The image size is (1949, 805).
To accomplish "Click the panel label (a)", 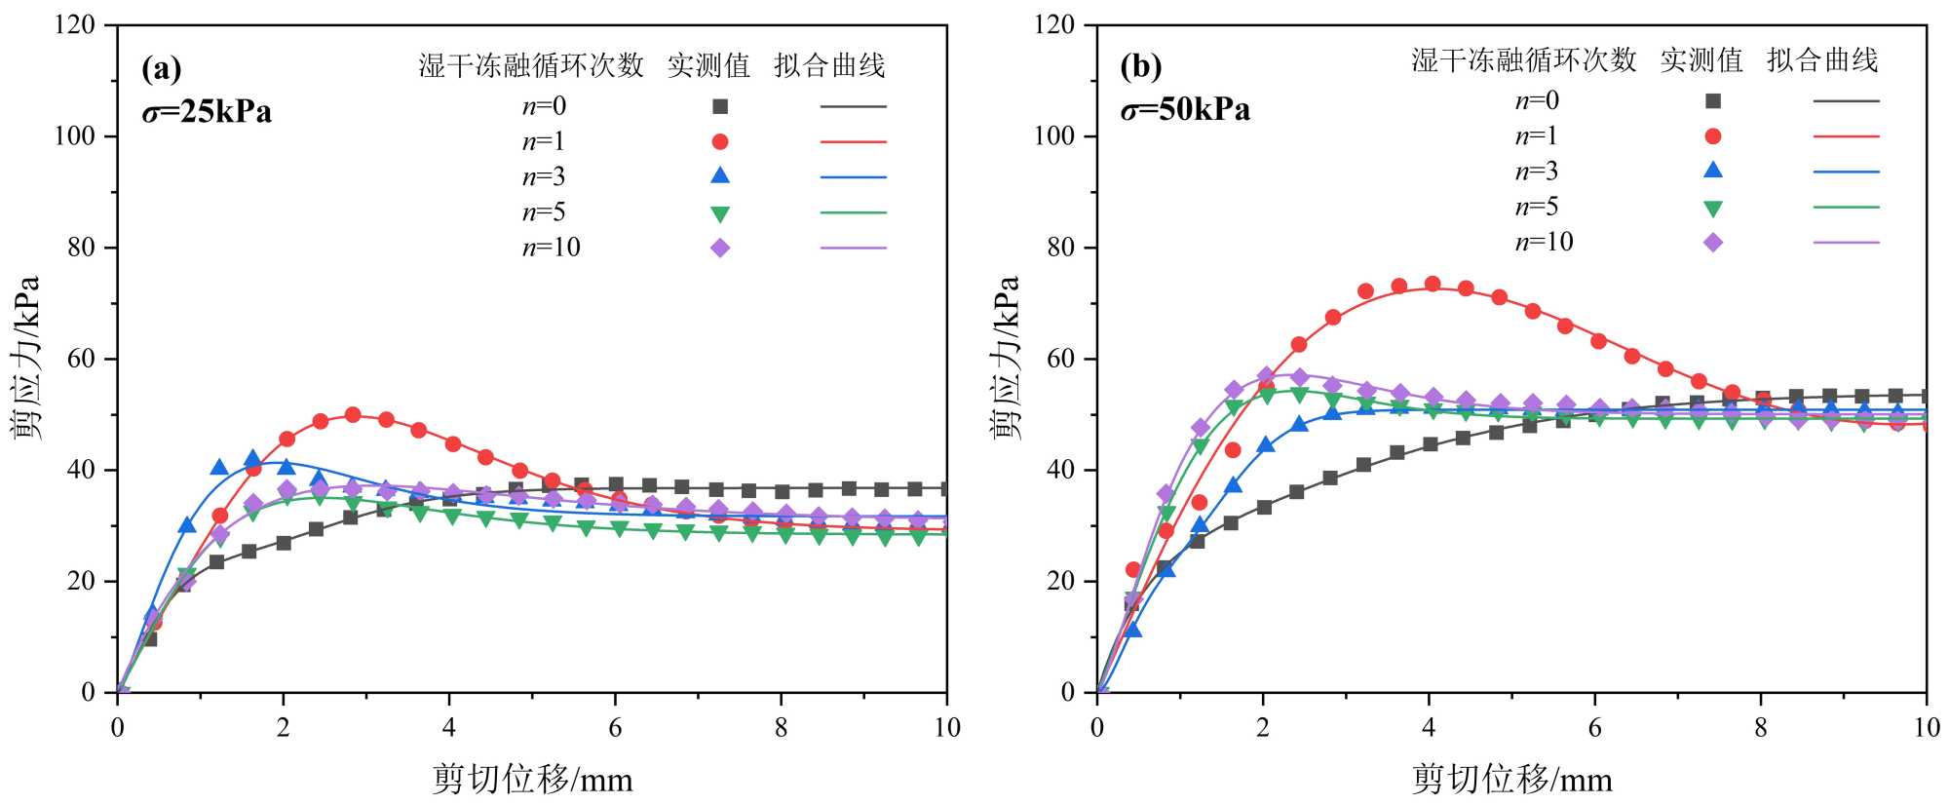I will pos(162,70).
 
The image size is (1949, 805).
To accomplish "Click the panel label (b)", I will pos(1141,67).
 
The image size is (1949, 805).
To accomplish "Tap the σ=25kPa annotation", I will pos(207,112).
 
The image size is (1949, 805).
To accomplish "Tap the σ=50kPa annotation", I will pos(1185,109).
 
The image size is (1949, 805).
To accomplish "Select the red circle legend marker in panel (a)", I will pos(720,142).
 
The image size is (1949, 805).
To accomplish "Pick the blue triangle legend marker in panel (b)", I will pos(1712,171).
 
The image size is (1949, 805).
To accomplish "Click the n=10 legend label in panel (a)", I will pos(551,248).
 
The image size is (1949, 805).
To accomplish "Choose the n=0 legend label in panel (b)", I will pos(1537,100).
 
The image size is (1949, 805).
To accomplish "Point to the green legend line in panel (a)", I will pos(853,212).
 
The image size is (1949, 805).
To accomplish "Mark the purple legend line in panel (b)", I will pos(1846,243).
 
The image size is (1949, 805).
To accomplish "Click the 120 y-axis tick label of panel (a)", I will pos(75,25).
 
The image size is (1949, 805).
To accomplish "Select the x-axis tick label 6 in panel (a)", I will pos(615,728).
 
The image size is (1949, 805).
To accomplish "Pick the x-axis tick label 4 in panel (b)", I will pos(1429,728).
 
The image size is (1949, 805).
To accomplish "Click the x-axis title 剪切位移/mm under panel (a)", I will pos(532,780).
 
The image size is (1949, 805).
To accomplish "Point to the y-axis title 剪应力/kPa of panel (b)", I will pos(1007,358).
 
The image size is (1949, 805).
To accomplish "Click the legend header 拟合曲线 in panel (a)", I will pos(829,65).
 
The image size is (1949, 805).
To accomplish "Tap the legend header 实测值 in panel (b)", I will pos(1701,60).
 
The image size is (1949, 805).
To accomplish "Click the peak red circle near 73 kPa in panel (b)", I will pos(1432,285).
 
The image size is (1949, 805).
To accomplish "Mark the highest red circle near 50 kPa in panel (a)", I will pos(353,415).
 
